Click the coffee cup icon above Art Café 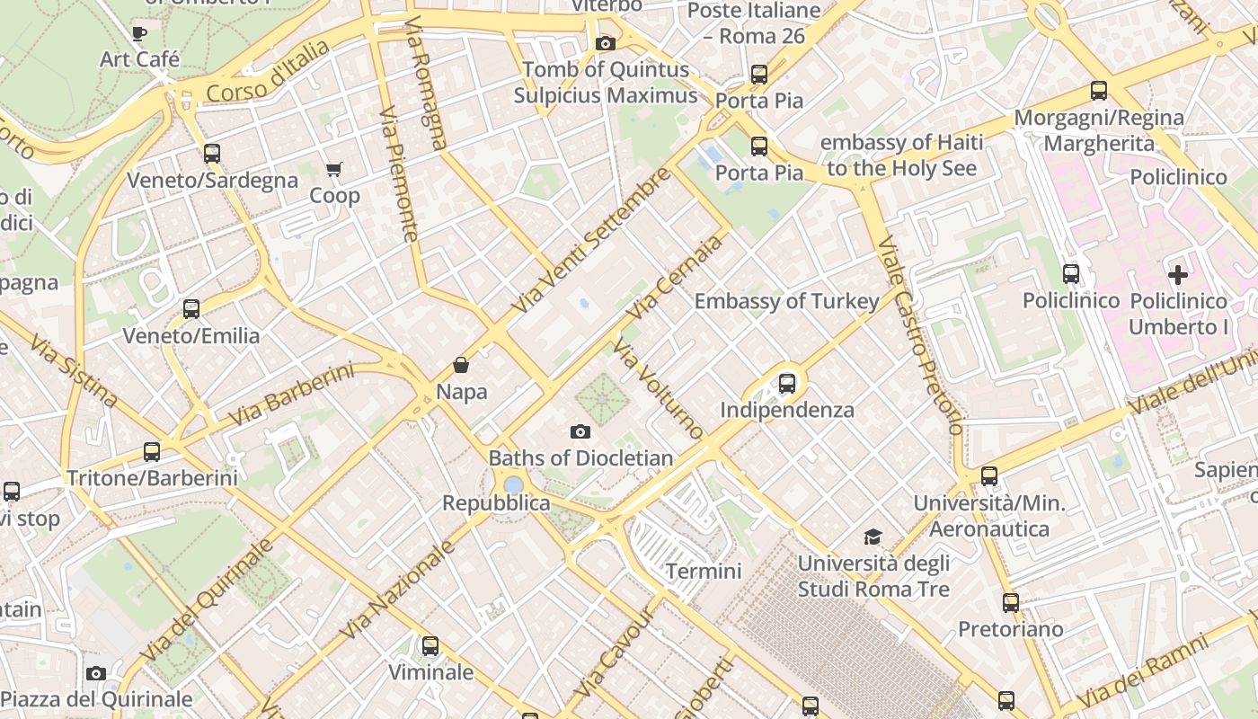pyautogui.click(x=139, y=33)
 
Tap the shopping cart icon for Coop pyautogui.click(x=334, y=169)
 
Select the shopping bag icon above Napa pyautogui.click(x=461, y=365)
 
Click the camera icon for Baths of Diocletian pyautogui.click(x=580, y=431)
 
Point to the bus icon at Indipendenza pyautogui.click(x=787, y=384)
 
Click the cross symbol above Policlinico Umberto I pyautogui.click(x=1177, y=275)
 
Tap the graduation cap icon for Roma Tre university pyautogui.click(x=873, y=537)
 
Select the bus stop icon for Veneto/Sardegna pyautogui.click(x=212, y=154)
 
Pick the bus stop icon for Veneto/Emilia pyautogui.click(x=191, y=309)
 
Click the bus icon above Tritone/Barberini pyautogui.click(x=152, y=451)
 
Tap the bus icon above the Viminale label pyautogui.click(x=430, y=645)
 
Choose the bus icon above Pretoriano pyautogui.click(x=1011, y=602)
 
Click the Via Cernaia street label pyautogui.click(x=675, y=278)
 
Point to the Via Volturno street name pyautogui.click(x=658, y=389)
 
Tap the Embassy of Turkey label pyautogui.click(x=786, y=301)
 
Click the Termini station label pyautogui.click(x=704, y=571)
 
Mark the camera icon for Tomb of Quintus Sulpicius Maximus pyautogui.click(x=606, y=43)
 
